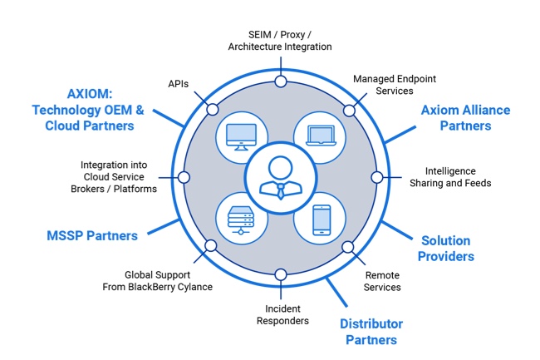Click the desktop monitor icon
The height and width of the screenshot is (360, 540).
(242, 136)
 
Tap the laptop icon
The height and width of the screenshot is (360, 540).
(320, 136)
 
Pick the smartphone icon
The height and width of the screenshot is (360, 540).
(320, 219)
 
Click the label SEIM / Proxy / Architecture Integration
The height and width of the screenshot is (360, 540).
(280, 40)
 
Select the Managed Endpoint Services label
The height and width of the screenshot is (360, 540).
(395, 85)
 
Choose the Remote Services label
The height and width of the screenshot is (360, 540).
(383, 280)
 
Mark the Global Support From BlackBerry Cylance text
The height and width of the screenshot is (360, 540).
(169, 280)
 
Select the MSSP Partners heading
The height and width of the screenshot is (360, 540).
(91, 235)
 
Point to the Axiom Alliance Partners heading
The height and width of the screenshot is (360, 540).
(465, 118)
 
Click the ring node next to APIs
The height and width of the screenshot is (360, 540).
(213, 109)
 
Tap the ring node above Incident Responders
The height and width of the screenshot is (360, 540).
(281, 274)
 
